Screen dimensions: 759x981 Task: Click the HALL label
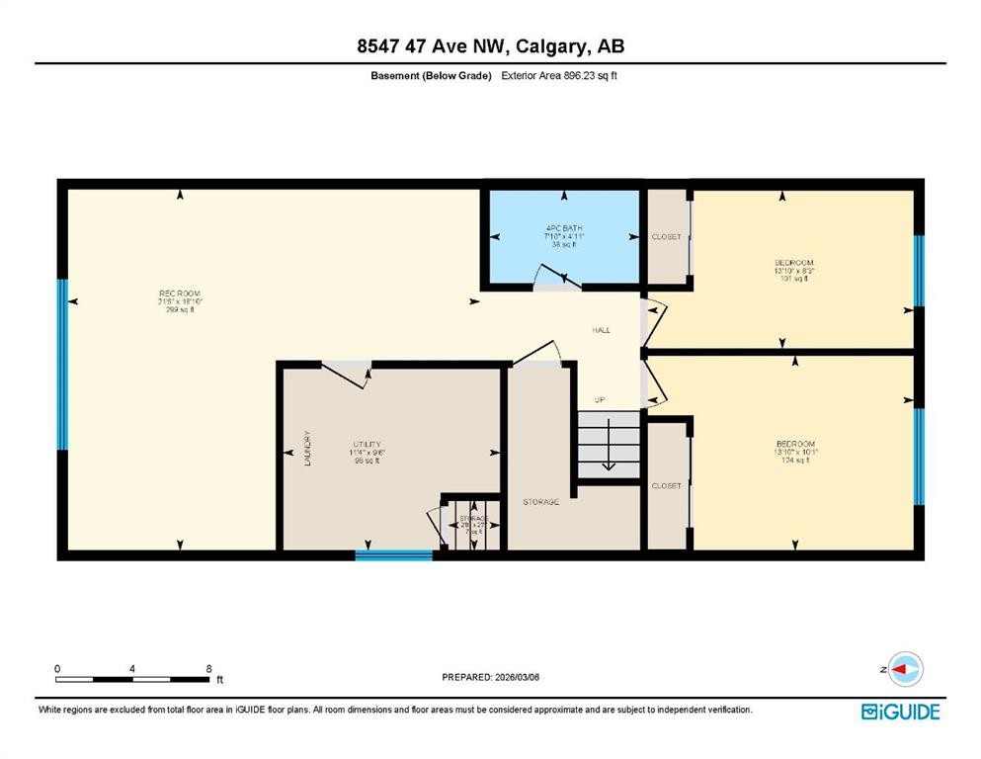pyautogui.click(x=601, y=330)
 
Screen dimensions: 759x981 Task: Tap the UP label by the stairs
pyautogui.click(x=599, y=399)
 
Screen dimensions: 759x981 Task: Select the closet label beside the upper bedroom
pyautogui.click(x=666, y=237)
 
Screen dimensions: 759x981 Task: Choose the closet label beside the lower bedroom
pyautogui.click(x=666, y=486)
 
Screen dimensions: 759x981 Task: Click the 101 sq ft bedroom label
pyautogui.click(x=793, y=271)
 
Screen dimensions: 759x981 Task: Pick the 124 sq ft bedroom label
pyautogui.click(x=795, y=452)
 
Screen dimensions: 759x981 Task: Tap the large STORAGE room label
pyautogui.click(x=540, y=502)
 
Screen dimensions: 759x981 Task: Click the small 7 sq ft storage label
pyautogui.click(x=472, y=525)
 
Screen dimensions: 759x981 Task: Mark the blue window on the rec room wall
pyautogui.click(x=63, y=364)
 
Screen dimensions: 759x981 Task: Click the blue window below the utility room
pyautogui.click(x=393, y=555)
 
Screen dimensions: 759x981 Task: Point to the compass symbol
pyautogui.click(x=905, y=669)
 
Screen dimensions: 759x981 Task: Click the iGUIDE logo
pyautogui.click(x=900, y=712)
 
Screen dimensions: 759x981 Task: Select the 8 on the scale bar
pyautogui.click(x=208, y=669)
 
